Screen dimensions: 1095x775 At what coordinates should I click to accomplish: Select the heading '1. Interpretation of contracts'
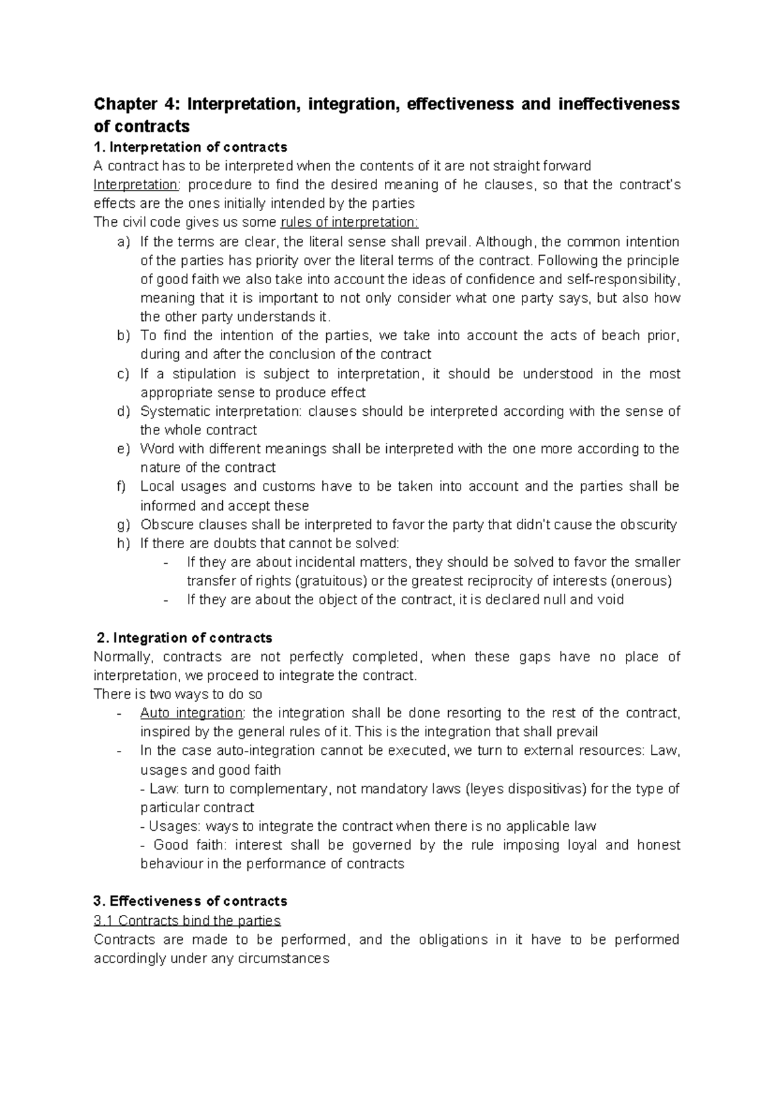(x=191, y=147)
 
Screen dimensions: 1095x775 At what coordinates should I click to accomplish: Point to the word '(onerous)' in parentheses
(x=641, y=580)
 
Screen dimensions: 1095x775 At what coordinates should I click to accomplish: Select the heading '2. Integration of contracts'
(x=184, y=638)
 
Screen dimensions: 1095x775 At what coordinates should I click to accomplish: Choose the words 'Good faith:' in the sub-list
(x=190, y=845)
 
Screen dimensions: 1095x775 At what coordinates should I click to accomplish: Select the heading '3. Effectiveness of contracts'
(x=191, y=901)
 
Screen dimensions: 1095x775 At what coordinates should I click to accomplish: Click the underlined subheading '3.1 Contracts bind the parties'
(x=187, y=921)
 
